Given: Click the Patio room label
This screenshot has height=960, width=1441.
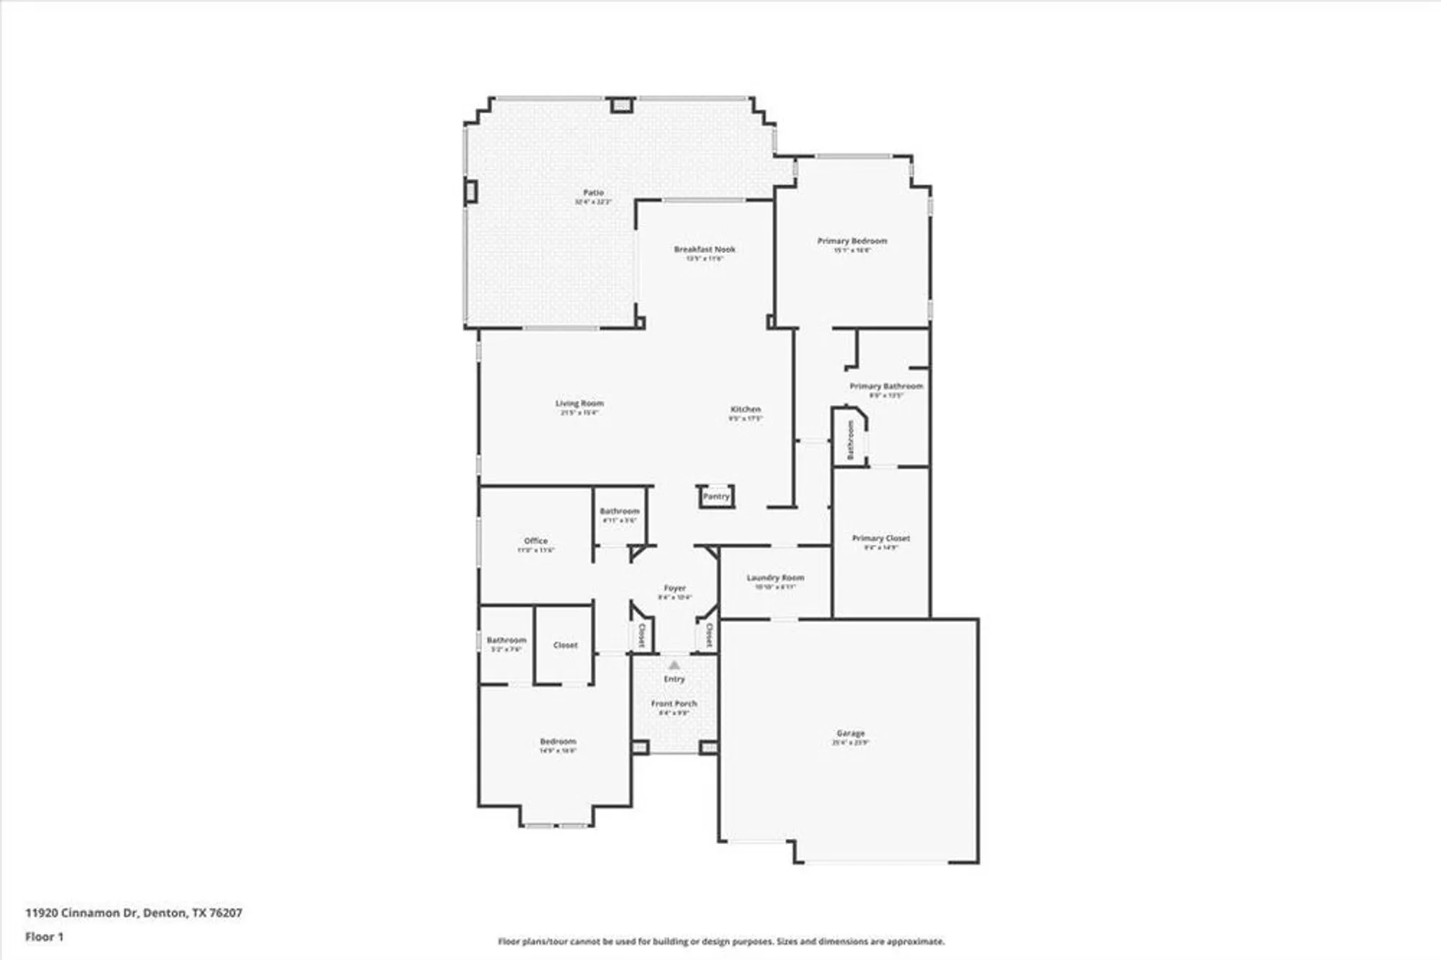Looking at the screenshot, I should click(593, 193).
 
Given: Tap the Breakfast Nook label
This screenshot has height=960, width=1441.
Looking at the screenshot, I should click(705, 249).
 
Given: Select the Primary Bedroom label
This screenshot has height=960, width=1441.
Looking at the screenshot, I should click(852, 241).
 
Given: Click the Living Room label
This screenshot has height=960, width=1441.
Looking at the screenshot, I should click(579, 404).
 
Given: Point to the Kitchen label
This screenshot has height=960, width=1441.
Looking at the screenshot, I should click(745, 409).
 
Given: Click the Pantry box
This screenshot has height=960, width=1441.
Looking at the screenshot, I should click(716, 497).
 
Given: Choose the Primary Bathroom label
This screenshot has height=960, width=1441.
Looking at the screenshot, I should click(885, 386).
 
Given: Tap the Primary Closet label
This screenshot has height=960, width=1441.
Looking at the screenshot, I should click(880, 538).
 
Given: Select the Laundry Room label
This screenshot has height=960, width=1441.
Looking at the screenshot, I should click(775, 578).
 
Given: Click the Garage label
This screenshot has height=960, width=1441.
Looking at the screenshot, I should click(850, 733).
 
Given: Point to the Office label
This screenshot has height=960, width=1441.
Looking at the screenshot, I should click(535, 541).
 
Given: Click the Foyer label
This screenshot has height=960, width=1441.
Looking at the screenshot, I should click(674, 588).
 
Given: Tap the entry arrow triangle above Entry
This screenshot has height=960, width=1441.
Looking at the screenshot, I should click(674, 665).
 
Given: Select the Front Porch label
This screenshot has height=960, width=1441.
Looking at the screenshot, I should click(674, 703).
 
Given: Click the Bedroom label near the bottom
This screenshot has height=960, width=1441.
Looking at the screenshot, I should click(558, 742).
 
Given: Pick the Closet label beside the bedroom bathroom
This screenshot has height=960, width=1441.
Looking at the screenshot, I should click(565, 645).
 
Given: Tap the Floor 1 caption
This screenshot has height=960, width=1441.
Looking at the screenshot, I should click(44, 937).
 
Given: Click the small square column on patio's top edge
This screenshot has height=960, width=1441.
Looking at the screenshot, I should click(621, 105).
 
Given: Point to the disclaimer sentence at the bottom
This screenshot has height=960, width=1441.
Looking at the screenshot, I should click(720, 941).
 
